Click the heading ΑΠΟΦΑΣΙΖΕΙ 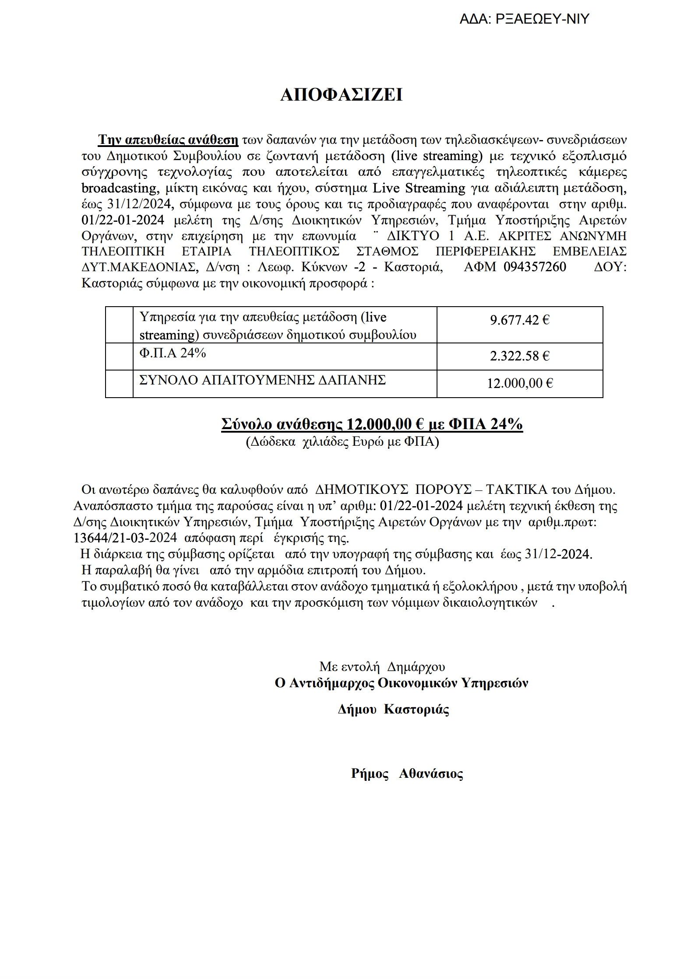pos(341,95)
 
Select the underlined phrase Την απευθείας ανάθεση pos(168,140)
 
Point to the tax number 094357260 pos(535,267)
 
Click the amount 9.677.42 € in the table pos(519,320)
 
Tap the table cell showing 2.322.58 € pos(519,356)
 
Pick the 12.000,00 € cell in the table pos(520,384)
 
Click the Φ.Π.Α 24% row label pos(173,353)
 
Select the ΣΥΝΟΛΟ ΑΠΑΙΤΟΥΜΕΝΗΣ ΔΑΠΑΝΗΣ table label pos(262,380)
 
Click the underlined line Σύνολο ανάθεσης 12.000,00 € pos(372,424)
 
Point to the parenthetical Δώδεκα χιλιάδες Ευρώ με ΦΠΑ pos(342,442)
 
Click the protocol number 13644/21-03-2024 pos(125,538)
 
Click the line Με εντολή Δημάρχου pos(382,667)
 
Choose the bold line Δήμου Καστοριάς pos(393,709)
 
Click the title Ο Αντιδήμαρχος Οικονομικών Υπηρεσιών pos(401,683)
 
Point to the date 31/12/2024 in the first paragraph pos(139,204)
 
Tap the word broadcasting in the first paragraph pos(119,188)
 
